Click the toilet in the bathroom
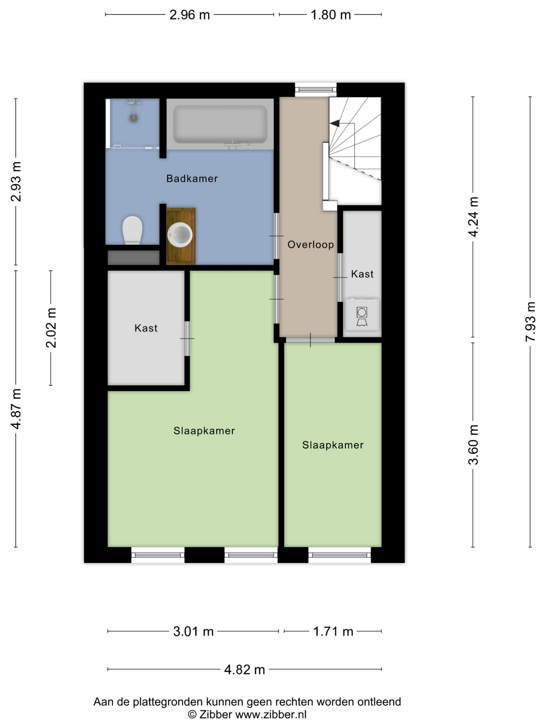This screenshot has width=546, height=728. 132,230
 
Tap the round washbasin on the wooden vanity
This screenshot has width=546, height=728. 180,235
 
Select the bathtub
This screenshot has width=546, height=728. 220,124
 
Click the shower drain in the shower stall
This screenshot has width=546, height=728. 134,118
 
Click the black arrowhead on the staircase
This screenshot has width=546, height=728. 335,123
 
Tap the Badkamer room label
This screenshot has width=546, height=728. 192,179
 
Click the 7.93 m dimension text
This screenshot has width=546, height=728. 530,322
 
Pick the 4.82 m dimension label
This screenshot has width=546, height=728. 245,670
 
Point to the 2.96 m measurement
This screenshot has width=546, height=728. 190,15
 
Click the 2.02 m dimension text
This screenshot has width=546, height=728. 51,328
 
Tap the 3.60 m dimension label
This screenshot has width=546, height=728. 473,444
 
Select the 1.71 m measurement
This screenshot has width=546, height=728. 333,632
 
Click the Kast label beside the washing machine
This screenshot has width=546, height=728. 362,274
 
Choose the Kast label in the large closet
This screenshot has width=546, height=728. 146,328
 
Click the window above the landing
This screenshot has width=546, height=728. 316,89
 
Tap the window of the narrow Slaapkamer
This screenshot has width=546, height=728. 340,555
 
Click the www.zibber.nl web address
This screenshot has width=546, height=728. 271,715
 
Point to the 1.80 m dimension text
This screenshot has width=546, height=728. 331,15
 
